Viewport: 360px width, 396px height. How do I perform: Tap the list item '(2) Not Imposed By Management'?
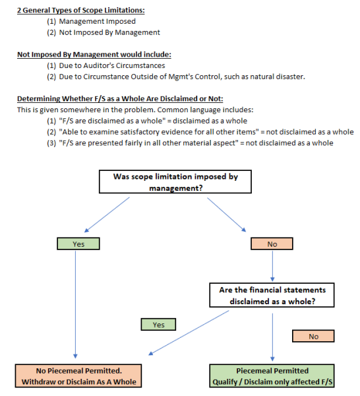pyautogui.click(x=108, y=32)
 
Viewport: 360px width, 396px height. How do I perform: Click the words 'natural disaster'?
pyautogui.click(x=283, y=77)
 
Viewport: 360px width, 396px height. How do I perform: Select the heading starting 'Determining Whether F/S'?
pyautogui.click(x=119, y=98)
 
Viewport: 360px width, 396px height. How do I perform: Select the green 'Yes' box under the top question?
pyautogui.click(x=78, y=244)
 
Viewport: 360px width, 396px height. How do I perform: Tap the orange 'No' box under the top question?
pyautogui.click(x=272, y=244)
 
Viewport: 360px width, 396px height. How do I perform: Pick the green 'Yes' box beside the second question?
pyautogui.click(x=158, y=325)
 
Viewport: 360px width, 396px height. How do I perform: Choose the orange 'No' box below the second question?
pyautogui.click(x=313, y=336)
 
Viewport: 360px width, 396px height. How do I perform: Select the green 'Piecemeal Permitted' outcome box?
pyautogui.click(x=272, y=376)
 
